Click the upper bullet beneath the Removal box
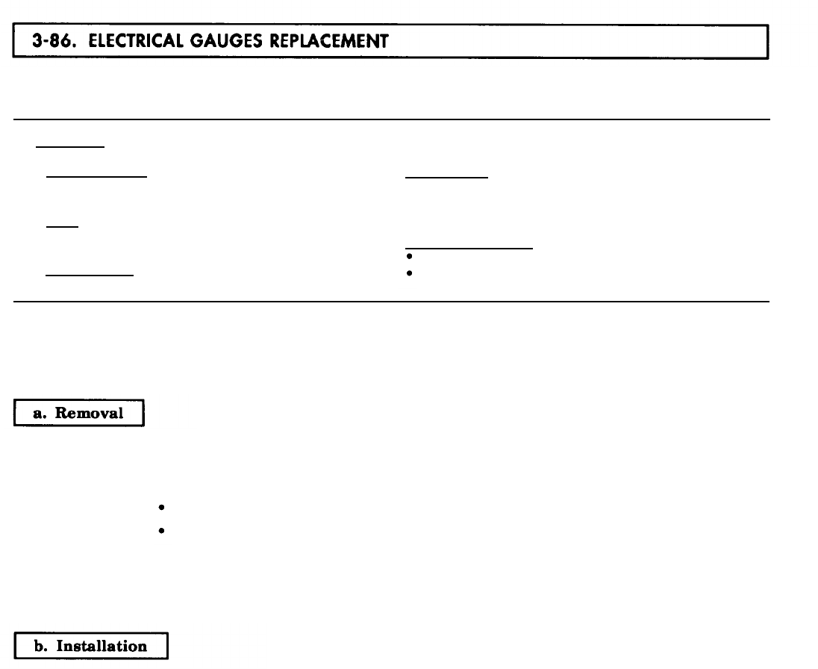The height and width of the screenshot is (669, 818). click(162, 508)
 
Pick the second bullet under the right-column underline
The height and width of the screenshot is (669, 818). click(409, 273)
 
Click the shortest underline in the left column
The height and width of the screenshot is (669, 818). click(63, 226)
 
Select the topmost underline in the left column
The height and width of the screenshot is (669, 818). click(70, 146)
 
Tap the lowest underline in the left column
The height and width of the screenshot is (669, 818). click(90, 275)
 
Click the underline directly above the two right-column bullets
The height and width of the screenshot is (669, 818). click(469, 246)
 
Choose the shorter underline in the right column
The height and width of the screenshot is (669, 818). click(446, 178)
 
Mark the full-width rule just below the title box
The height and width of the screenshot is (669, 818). click(392, 119)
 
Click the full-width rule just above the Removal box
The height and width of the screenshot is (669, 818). click(392, 302)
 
